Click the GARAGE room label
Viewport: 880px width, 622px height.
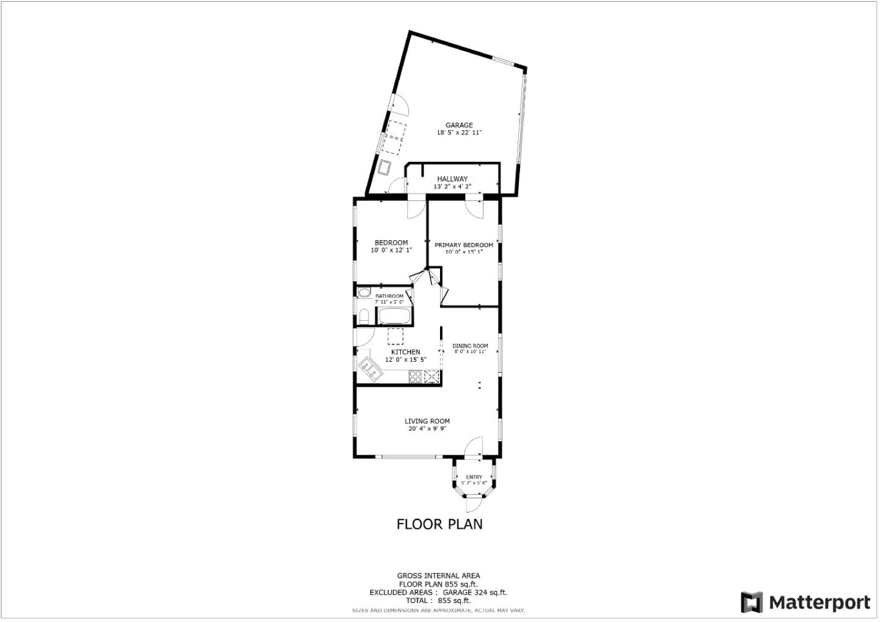(458, 125)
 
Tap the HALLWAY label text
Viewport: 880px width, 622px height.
(452, 179)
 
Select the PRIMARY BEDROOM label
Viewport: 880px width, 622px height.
(463, 245)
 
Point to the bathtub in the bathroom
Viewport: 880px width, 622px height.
(394, 316)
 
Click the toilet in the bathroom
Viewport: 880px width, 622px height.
(362, 317)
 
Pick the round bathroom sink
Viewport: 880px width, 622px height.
(364, 293)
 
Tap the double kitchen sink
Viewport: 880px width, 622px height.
(369, 368)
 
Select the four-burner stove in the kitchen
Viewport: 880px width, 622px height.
(416, 376)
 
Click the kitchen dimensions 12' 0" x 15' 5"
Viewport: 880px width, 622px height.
(405, 360)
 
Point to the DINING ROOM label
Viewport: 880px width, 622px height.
(470, 346)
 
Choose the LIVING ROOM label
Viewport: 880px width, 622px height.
(427, 421)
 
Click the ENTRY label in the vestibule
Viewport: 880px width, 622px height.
(474, 477)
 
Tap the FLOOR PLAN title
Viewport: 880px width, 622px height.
(439, 524)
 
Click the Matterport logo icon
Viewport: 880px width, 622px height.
(752, 602)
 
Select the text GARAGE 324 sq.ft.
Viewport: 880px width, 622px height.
(475, 592)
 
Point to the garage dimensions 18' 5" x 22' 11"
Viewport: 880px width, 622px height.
(458, 133)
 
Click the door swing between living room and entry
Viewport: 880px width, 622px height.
(473, 447)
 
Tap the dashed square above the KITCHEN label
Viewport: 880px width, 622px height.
(395, 337)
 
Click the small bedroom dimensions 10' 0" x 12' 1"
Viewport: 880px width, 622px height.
(391, 250)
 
